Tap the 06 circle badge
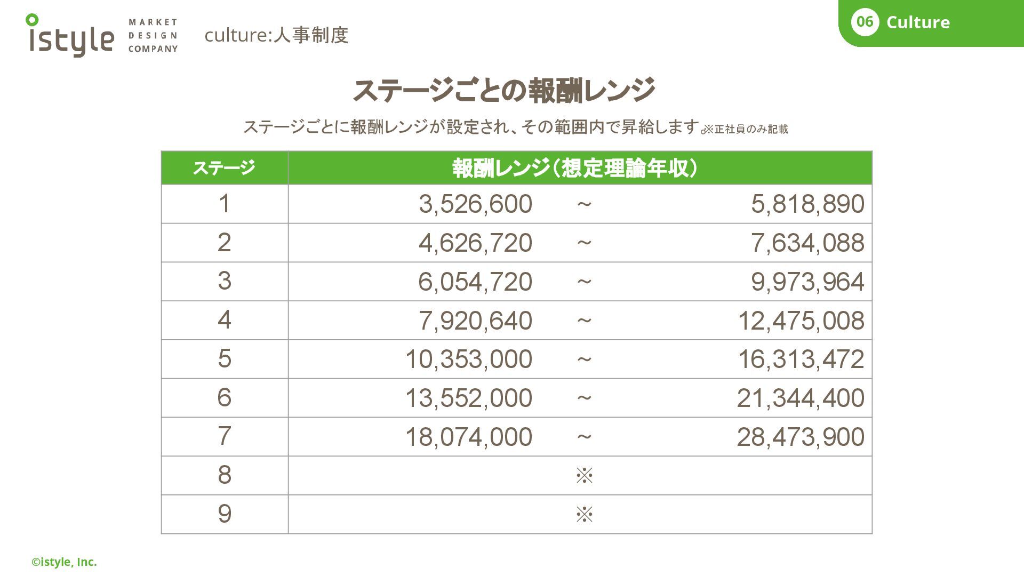(x=865, y=22)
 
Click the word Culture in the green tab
(x=918, y=22)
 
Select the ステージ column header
(x=224, y=168)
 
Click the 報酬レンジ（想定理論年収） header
(x=574, y=168)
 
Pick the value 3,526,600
(x=475, y=204)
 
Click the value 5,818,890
(x=807, y=204)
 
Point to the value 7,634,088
(x=807, y=243)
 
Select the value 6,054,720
(x=475, y=282)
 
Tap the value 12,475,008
(x=801, y=321)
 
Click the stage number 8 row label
(x=225, y=475)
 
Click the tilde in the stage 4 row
(x=584, y=321)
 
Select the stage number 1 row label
(x=225, y=204)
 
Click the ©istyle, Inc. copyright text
(x=64, y=562)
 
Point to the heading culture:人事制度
(x=276, y=35)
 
